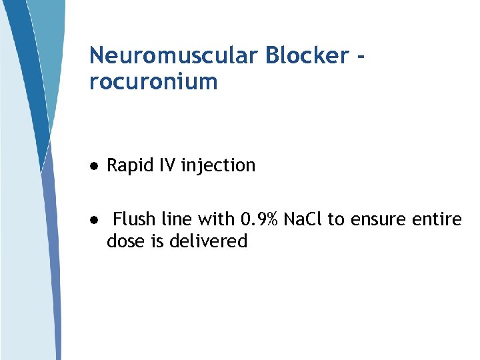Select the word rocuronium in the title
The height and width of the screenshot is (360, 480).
[x=153, y=82]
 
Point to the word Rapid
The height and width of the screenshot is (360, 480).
[x=130, y=165]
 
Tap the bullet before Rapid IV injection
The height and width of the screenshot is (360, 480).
[x=95, y=166]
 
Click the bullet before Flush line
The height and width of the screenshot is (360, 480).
[x=95, y=219]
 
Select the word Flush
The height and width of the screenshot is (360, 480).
[x=133, y=219]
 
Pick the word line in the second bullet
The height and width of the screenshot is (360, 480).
[x=176, y=219]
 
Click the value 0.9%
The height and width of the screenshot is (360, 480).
[x=259, y=219]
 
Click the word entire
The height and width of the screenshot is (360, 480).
[x=437, y=219]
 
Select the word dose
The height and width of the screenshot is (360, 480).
[x=125, y=241]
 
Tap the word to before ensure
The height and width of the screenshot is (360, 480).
[x=335, y=219]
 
